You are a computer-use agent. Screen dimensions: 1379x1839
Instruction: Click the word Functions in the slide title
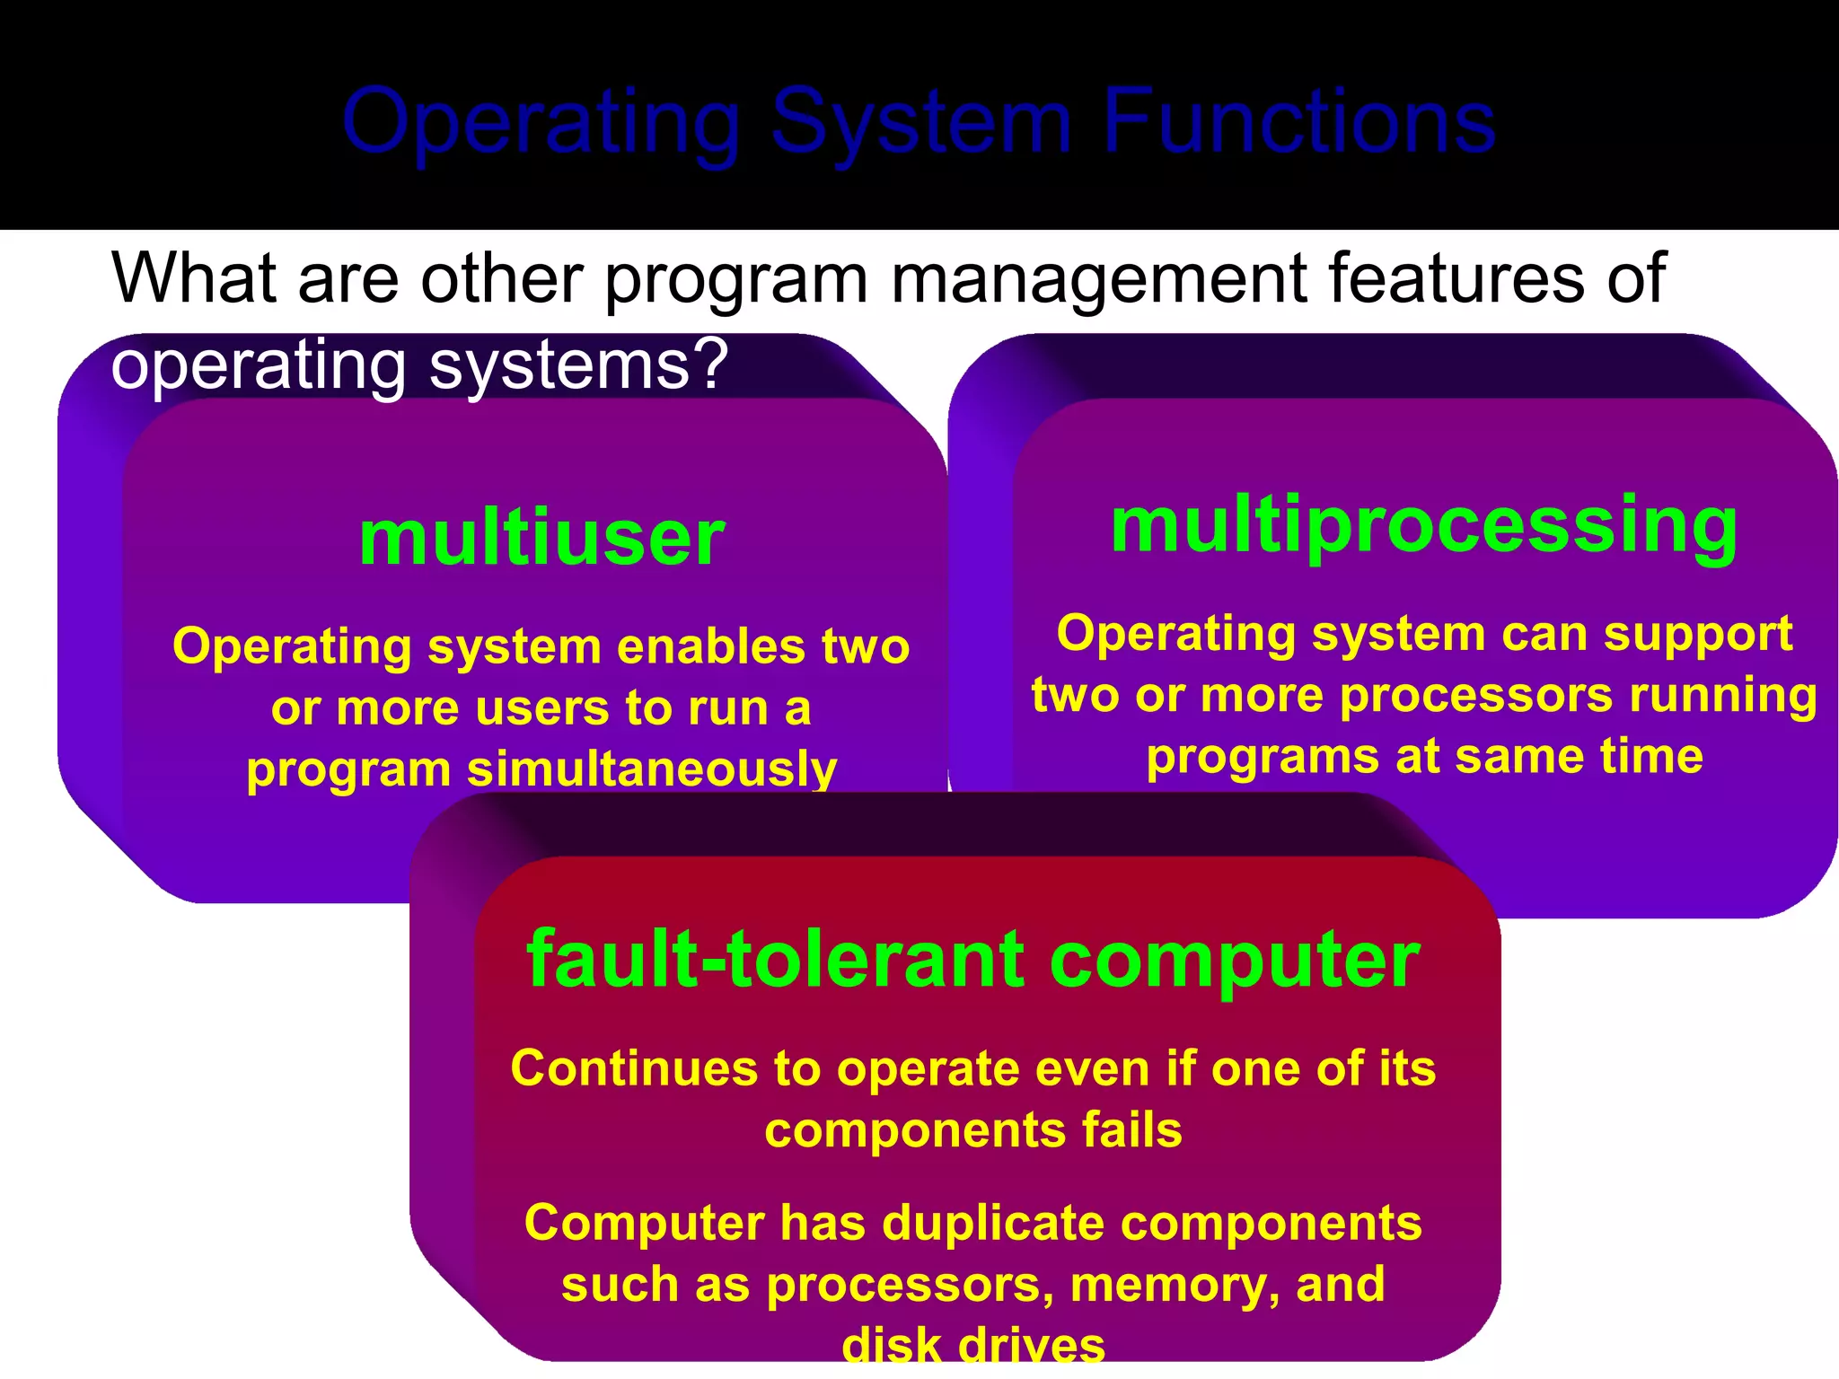point(1298,121)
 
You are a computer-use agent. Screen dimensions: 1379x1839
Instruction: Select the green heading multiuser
point(541,538)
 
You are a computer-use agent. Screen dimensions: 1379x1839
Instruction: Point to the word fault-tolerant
point(775,960)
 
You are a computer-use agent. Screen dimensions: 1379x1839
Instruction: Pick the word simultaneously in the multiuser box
point(652,769)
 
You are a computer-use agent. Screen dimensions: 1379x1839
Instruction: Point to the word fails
point(1131,1129)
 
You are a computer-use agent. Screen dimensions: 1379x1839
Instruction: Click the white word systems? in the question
point(578,365)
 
